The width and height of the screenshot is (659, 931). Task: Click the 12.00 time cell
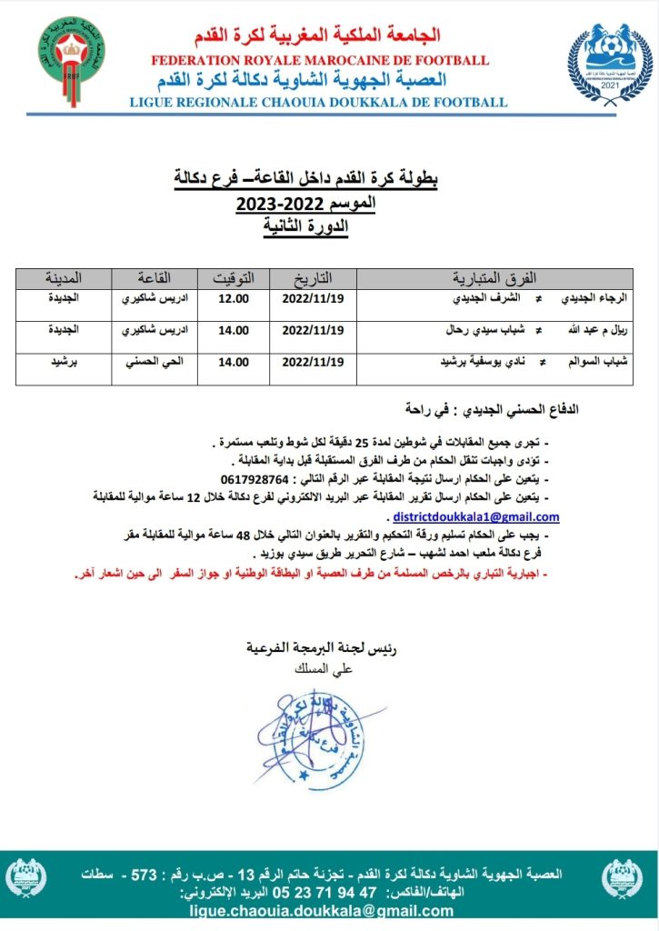(234, 297)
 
